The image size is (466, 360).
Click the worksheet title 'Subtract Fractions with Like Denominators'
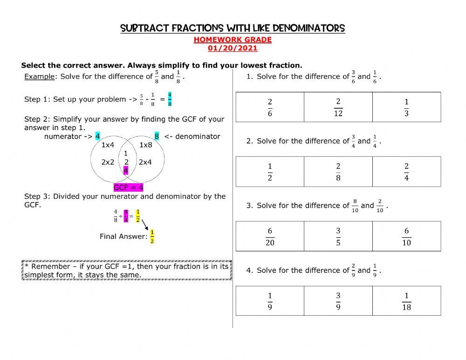pos(233,28)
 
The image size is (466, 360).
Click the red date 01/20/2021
pos(233,48)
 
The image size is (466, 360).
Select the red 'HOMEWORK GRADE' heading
pos(233,40)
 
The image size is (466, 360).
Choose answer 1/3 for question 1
pos(406,107)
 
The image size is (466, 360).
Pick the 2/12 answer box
pos(338,107)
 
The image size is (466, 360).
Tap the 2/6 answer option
pos(270,107)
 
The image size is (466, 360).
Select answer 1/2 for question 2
pos(270,172)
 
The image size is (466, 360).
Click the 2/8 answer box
pos(338,172)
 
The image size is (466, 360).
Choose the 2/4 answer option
pos(406,172)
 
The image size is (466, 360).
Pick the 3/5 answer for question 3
pos(338,236)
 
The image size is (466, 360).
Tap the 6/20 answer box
pos(270,236)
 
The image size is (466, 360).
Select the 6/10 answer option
pos(406,236)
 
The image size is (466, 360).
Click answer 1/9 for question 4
pos(270,301)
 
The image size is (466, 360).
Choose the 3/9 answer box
pos(338,301)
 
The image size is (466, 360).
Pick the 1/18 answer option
pos(406,301)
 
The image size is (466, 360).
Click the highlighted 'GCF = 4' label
pos(129,187)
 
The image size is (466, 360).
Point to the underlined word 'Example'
pos(39,76)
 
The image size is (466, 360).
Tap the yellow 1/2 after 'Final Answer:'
pos(152,236)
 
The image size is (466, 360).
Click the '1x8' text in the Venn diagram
pos(145,145)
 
